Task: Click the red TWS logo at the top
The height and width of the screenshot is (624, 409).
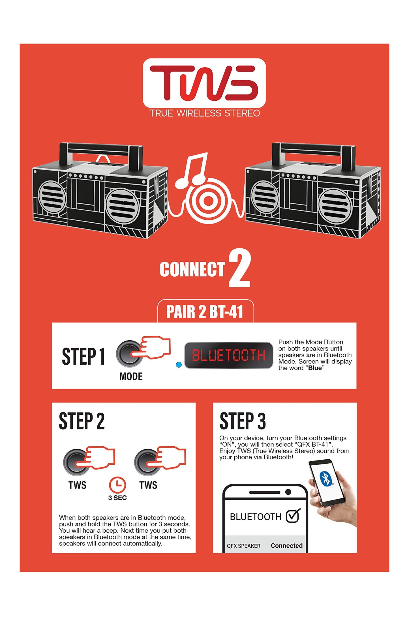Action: tap(204, 83)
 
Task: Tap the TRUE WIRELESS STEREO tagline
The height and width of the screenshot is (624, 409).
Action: tap(205, 113)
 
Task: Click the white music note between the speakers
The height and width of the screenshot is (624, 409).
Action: tap(191, 171)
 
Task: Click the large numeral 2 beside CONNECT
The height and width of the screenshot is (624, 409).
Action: tap(239, 268)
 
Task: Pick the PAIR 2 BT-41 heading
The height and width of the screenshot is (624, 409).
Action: tap(205, 312)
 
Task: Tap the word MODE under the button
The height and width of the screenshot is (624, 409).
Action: tap(131, 376)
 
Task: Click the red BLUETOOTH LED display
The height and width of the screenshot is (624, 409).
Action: tap(228, 355)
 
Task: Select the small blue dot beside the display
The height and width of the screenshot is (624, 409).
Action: tap(179, 365)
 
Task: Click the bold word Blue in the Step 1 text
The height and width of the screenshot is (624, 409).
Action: tap(315, 368)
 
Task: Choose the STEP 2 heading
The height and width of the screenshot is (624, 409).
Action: tap(82, 421)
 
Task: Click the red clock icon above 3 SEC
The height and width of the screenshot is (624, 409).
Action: tap(117, 485)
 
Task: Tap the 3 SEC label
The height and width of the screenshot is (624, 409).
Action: tap(117, 498)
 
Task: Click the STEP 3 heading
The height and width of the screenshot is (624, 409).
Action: tap(243, 421)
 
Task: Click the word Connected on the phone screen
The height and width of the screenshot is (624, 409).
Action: tap(287, 546)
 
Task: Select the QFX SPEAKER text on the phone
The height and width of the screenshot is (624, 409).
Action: tap(243, 546)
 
